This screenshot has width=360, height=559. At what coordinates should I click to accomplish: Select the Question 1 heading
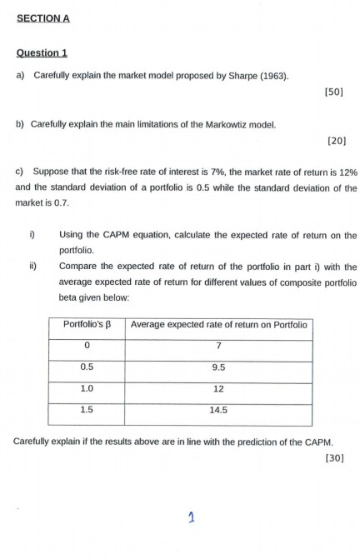pyautogui.click(x=42, y=53)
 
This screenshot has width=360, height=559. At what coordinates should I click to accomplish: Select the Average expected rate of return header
pyautogui.click(x=219, y=324)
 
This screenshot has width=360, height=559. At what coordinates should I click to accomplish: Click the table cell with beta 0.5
pyautogui.click(x=86, y=367)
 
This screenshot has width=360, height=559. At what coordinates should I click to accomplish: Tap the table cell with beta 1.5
pyautogui.click(x=86, y=410)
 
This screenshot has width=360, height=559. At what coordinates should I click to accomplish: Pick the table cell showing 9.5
pyautogui.click(x=219, y=367)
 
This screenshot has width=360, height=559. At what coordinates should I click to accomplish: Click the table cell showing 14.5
pyautogui.click(x=219, y=410)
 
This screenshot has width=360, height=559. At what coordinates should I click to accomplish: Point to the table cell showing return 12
pyautogui.click(x=219, y=388)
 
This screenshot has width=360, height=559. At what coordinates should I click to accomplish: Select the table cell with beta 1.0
pyautogui.click(x=86, y=388)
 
